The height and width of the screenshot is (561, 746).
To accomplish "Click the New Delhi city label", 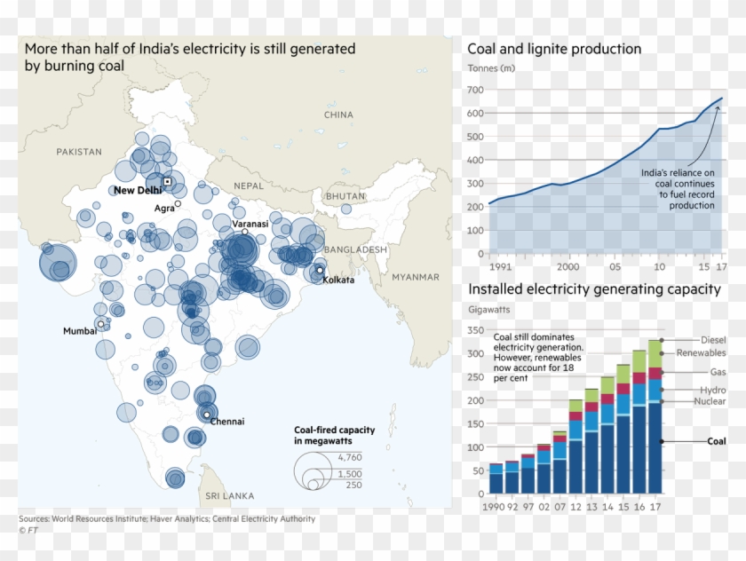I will click(x=137, y=190).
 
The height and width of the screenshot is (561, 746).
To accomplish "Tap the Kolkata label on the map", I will click(x=338, y=280).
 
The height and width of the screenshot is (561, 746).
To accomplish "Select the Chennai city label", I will click(x=226, y=422).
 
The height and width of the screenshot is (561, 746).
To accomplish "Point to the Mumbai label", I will click(x=79, y=331).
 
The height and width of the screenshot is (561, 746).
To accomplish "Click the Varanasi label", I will click(x=250, y=225).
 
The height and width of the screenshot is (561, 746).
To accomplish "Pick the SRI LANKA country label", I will click(x=229, y=495).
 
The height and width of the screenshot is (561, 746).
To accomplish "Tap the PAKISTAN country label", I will click(x=79, y=152).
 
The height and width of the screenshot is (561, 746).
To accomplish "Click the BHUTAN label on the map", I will click(x=345, y=196).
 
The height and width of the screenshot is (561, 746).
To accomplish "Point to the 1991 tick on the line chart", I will click(x=500, y=266).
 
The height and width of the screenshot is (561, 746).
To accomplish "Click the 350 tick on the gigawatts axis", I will click(x=476, y=330).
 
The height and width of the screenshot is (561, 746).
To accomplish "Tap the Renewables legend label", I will click(x=701, y=353).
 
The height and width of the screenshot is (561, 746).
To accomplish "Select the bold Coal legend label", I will click(x=716, y=441).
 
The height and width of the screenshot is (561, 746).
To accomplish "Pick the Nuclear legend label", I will click(x=709, y=401).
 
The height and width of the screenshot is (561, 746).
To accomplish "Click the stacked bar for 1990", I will click(x=496, y=478).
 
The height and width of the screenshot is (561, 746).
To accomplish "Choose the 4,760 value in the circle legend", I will click(x=351, y=456).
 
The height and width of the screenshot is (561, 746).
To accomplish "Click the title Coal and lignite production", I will click(x=554, y=50).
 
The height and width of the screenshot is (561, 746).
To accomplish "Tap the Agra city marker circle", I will click(x=178, y=203).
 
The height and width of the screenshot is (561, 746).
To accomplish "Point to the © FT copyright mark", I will click(x=29, y=530).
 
